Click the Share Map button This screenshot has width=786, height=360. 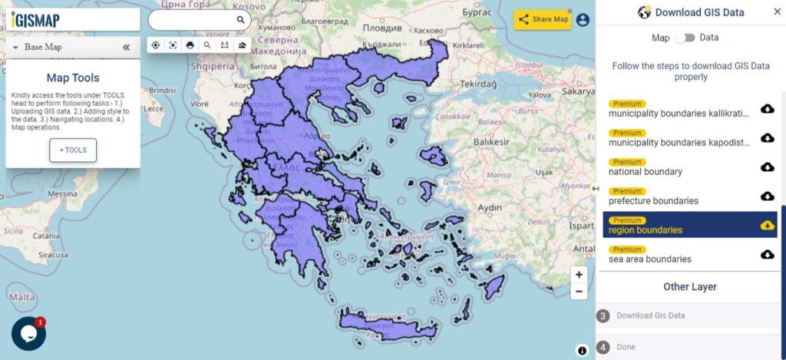(543, 20)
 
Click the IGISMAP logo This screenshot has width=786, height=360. (36, 19)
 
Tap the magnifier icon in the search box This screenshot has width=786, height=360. (240, 20)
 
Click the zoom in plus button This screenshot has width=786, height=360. (579, 275)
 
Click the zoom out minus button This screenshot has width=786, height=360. (579, 292)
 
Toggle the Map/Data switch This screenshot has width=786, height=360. (685, 38)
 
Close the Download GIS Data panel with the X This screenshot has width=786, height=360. (776, 12)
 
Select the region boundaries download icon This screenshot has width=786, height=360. (767, 225)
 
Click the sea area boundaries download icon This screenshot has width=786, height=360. (767, 254)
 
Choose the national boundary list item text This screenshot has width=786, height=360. (645, 172)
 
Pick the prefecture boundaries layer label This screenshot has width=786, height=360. (653, 201)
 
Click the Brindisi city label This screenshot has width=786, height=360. (163, 90)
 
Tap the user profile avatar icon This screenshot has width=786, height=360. (583, 20)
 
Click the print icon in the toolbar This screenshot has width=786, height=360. (190, 45)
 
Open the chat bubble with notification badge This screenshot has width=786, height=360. (28, 333)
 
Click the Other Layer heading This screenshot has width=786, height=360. (689, 287)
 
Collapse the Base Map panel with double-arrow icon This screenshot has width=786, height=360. (127, 47)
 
